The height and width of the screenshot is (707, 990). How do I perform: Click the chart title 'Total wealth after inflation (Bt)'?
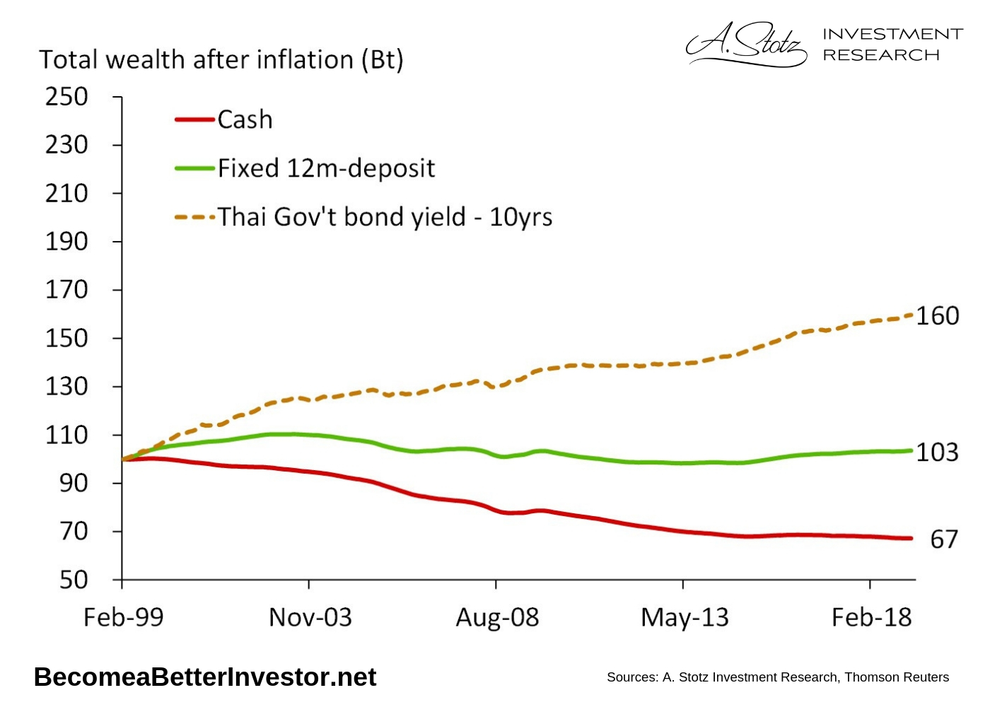tap(221, 60)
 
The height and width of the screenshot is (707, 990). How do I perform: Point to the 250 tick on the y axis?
tap(67, 97)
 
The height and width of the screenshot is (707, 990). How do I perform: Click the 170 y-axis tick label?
tap(67, 290)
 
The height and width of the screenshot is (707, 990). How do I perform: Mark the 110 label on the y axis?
tap(67, 435)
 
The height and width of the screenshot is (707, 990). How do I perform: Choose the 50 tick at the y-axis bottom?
tap(74, 580)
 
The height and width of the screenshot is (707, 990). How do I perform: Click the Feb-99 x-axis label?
tap(124, 618)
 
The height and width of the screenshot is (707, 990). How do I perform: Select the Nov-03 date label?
tap(310, 618)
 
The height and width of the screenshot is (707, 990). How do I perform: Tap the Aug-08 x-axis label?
tap(497, 618)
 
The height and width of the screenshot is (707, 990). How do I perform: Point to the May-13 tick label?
tap(685, 618)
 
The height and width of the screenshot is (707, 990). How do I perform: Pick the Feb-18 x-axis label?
tap(871, 618)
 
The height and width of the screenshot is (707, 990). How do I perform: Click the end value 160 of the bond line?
tap(938, 316)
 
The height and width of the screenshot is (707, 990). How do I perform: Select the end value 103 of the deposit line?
tap(938, 452)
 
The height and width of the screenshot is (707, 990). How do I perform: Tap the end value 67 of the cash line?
tap(944, 540)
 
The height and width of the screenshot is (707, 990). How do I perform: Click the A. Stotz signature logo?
tap(746, 44)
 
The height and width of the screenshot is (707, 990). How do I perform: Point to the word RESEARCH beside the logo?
tap(881, 55)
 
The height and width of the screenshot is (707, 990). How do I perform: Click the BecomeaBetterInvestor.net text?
tap(205, 677)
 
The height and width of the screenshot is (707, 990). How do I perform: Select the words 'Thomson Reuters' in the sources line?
tap(897, 677)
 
